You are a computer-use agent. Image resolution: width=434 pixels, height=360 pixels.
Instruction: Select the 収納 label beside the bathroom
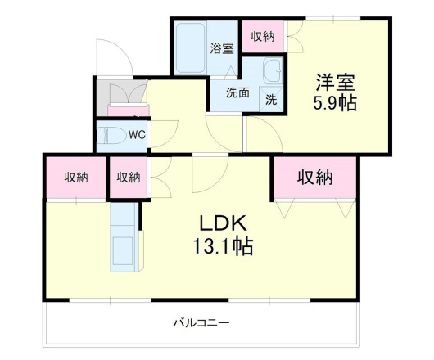(x=262, y=36)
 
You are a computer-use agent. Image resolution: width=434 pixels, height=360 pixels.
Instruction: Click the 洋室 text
(x=336, y=83)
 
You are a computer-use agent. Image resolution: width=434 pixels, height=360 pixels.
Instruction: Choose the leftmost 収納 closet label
(x=77, y=177)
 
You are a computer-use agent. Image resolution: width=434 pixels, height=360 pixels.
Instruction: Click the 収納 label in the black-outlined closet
(x=128, y=177)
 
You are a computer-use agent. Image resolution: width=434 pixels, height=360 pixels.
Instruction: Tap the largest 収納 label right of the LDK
(x=315, y=176)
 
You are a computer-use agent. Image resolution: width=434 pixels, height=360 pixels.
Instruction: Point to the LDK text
(x=219, y=223)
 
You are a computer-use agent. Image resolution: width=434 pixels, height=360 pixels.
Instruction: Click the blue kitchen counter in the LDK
(x=124, y=239)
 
